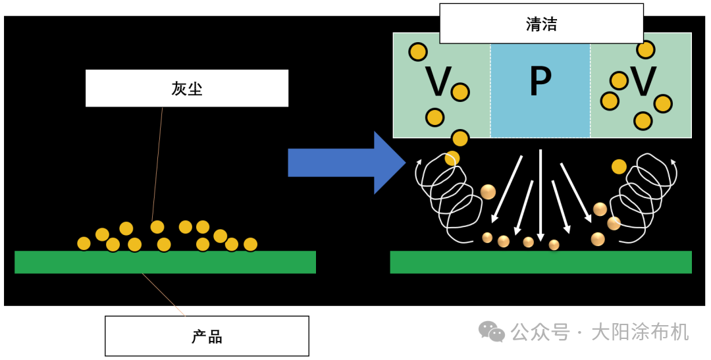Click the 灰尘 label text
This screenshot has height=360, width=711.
click(187, 89)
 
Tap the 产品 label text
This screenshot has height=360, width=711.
click(207, 337)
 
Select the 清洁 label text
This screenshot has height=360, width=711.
click(541, 25)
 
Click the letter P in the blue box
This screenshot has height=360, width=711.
click(540, 82)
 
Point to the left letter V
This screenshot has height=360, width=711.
click(438, 82)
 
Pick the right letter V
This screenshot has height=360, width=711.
click(643, 82)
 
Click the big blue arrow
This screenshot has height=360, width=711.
click(346, 163)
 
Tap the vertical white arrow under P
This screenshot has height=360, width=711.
click(540, 194)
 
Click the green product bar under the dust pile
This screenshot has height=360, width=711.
click(165, 262)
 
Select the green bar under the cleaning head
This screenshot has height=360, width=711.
click(540, 262)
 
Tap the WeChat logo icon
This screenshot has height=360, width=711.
click(492, 331)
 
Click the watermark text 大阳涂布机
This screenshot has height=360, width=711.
click(640, 332)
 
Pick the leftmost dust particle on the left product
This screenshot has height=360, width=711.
click(84, 244)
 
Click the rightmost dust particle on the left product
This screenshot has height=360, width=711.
click(250, 244)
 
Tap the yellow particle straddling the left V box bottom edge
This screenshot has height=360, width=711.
click(460, 138)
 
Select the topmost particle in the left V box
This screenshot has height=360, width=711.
click(417, 51)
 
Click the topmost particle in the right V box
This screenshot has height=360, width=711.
click(646, 49)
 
